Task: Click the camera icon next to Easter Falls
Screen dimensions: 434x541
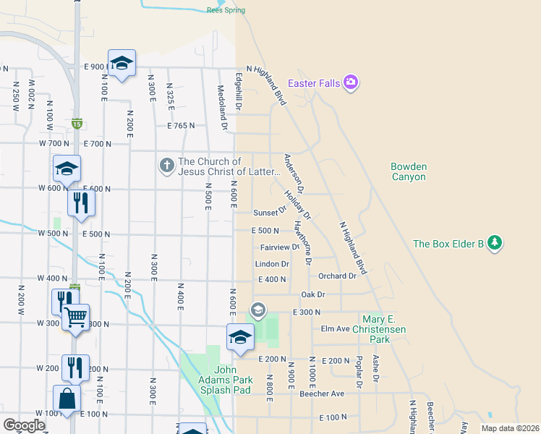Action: click(351, 82)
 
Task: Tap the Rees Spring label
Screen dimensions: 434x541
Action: click(226, 10)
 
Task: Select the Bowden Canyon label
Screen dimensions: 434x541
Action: click(409, 171)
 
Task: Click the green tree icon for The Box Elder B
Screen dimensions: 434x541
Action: click(495, 243)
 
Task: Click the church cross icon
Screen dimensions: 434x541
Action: click(166, 166)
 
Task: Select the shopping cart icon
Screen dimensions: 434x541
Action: click(75, 317)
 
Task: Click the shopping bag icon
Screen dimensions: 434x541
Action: click(67, 399)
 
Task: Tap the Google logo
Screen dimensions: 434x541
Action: click(23, 425)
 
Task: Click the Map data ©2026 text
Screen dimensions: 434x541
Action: click(509, 428)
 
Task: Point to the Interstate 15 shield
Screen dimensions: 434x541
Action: click(77, 123)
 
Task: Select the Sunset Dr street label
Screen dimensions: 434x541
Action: click(270, 213)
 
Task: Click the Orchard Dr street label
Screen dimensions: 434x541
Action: click(337, 276)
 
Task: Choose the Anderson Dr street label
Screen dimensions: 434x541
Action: click(294, 173)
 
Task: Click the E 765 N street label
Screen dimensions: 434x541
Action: click(181, 126)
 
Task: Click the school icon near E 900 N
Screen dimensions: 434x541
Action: click(122, 63)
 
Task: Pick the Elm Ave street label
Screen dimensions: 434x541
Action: click(336, 328)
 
